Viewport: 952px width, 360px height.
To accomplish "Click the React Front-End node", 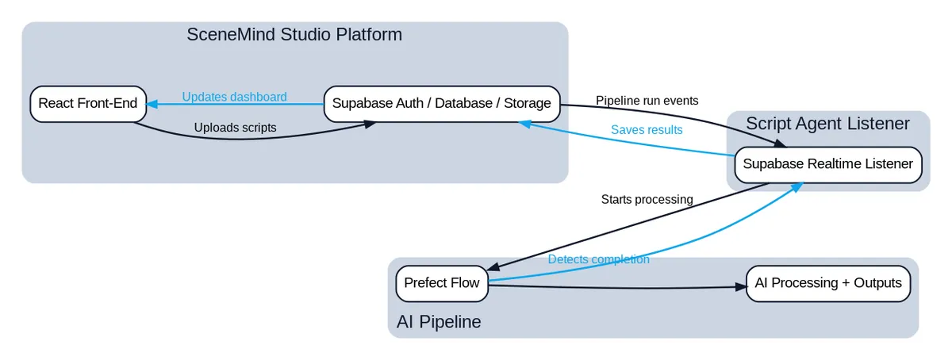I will pos(88,104).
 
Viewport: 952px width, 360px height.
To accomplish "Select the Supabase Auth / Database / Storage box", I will pos(441,104).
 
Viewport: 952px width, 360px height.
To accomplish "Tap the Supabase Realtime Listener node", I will pos(828,165).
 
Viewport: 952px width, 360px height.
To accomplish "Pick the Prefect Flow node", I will pos(442,283).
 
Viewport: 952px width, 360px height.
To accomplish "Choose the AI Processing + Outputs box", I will pos(828,283).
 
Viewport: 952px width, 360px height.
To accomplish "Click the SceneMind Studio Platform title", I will pos(294,35).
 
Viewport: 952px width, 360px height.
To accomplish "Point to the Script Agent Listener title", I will pos(827,124).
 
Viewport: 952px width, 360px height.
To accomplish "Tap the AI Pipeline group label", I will pos(439,322).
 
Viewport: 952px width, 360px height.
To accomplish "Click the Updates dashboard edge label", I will pos(234,97).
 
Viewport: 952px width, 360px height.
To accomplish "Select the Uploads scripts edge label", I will pos(235,128).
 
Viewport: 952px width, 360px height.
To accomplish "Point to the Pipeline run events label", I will pos(647,101).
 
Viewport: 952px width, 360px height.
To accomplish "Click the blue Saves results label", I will pos(647,129).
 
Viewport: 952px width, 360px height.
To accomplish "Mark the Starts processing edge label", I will pos(647,199).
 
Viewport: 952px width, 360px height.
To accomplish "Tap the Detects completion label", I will pos(598,259).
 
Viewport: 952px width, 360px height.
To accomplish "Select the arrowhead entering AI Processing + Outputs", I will pos(741,288).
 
